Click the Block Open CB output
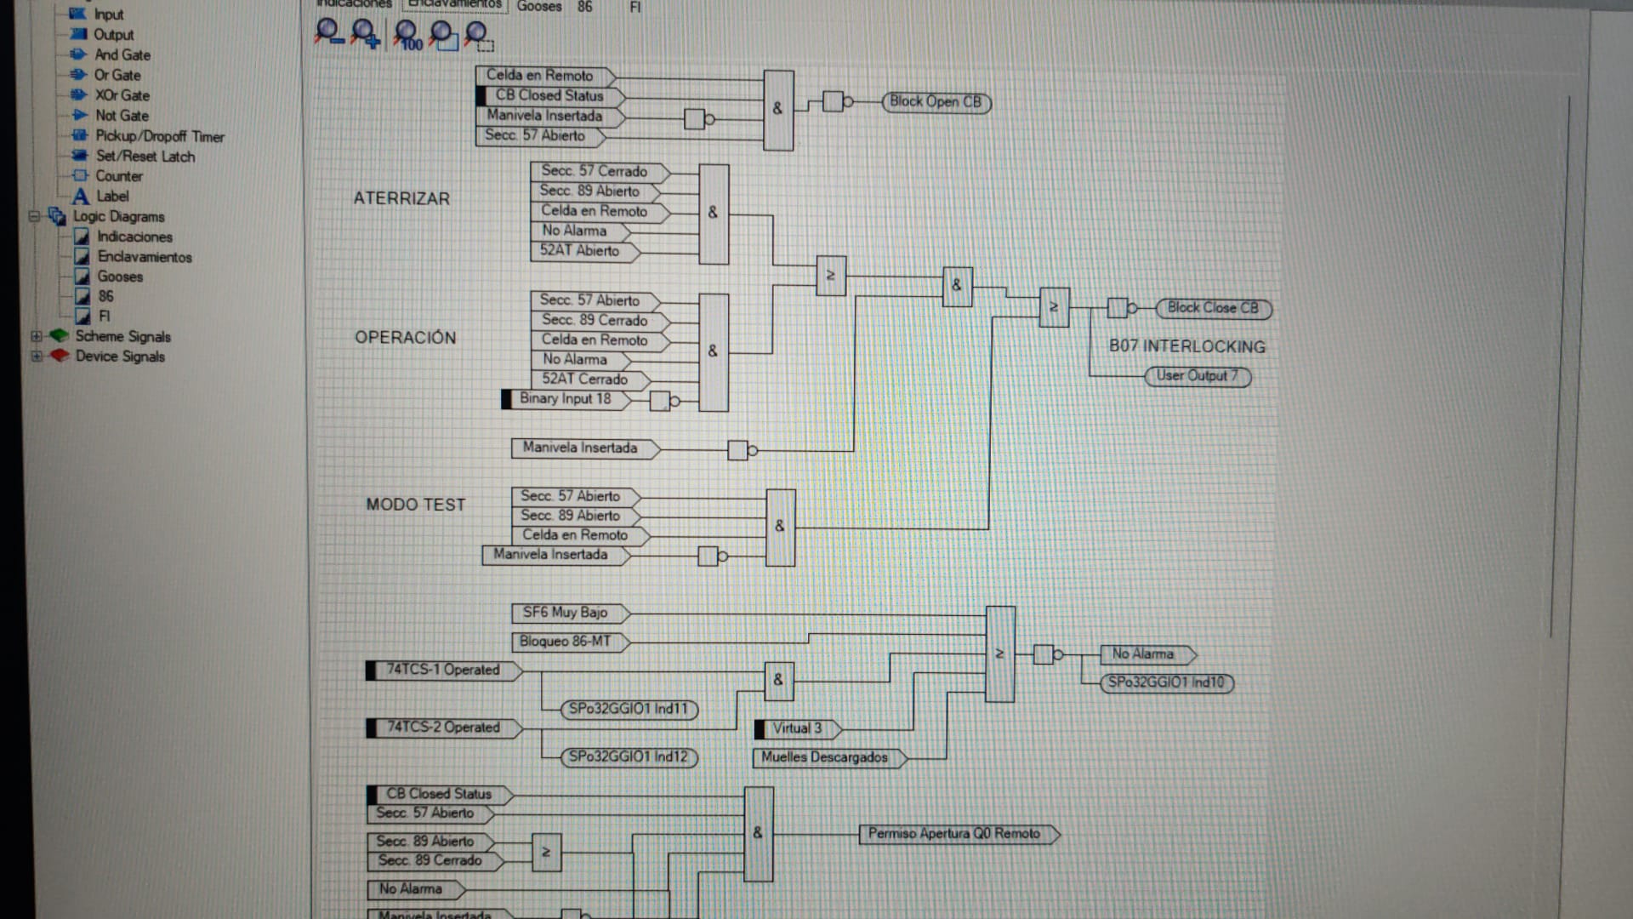pos(936,102)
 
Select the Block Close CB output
pos(1213,308)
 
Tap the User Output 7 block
pos(1197,376)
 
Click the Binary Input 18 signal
pos(565,399)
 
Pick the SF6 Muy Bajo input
pos(565,613)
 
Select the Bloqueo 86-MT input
pos(565,642)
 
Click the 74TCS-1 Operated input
pos(442,671)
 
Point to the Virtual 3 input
pos(797,729)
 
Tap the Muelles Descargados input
pos(824,757)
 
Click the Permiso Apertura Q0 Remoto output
pos(954,834)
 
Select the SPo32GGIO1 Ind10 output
pos(1166,682)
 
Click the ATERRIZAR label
pos(401,198)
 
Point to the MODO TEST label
pos(416,505)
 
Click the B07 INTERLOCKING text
pos(1186,346)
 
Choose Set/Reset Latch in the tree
pos(145,157)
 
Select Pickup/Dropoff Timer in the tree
pos(159,136)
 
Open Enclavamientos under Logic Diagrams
pos(144,257)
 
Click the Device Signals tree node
pos(120,357)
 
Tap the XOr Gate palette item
pos(122,95)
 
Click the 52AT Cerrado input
pos(584,380)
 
